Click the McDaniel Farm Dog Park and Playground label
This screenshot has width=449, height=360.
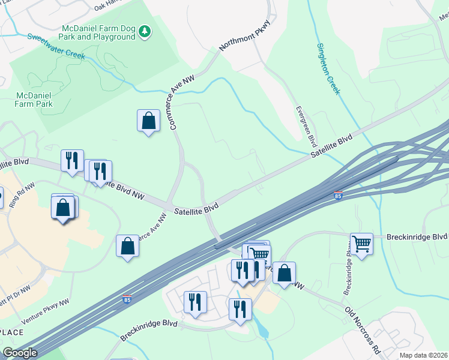pyautogui.click(x=99, y=32)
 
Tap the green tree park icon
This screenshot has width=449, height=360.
pyautogui.click(x=144, y=31)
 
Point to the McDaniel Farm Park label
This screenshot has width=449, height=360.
pyautogui.click(x=34, y=100)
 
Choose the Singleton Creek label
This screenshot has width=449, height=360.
pyautogui.click(x=328, y=68)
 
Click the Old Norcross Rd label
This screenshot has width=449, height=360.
pyautogui.click(x=363, y=329)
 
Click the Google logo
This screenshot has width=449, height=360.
pyautogui.click(x=20, y=353)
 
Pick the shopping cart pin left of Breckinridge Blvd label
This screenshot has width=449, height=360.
pyautogui.click(x=361, y=244)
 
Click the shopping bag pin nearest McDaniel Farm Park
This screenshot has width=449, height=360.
pyautogui.click(x=148, y=121)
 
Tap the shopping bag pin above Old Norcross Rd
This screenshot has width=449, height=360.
pyautogui.click(x=284, y=273)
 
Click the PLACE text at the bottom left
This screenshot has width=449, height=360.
pyautogui.click(x=12, y=332)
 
